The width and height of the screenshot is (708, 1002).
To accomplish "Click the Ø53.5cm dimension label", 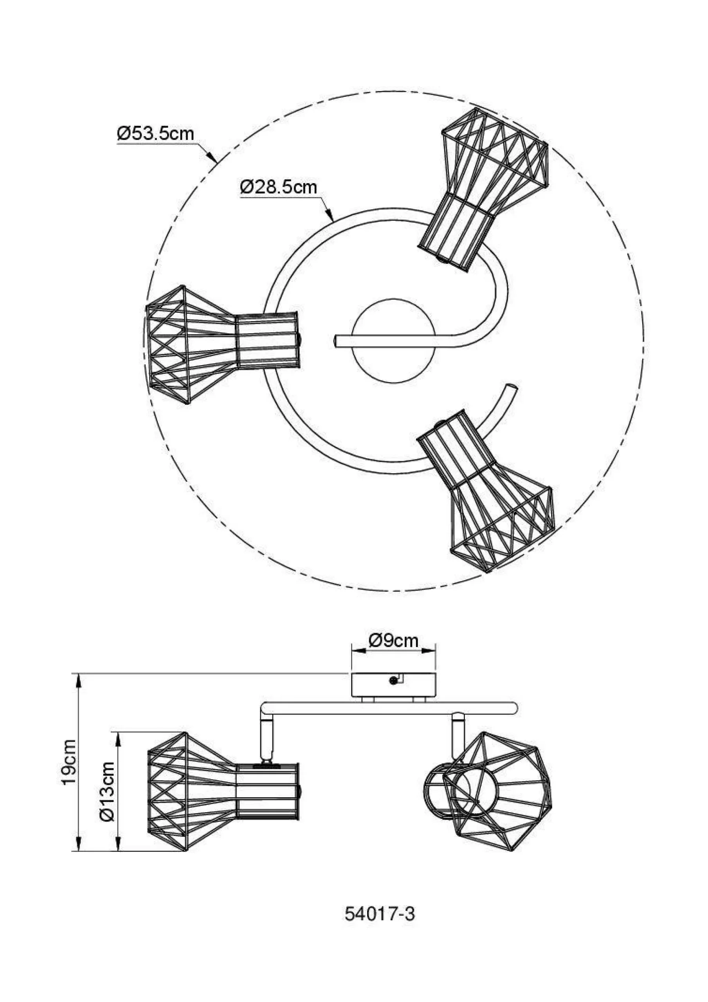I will coord(155,133).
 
